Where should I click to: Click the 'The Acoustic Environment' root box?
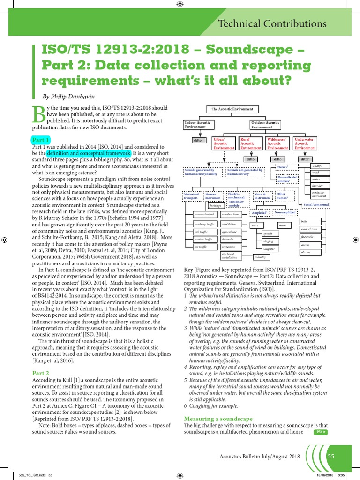(233, 109)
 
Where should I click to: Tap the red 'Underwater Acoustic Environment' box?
(305, 143)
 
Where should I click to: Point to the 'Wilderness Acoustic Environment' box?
(277, 143)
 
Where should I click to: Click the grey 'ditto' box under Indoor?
(197, 140)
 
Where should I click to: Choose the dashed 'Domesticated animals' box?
(287, 179)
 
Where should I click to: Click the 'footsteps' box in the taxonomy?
(216, 205)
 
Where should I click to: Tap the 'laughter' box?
(269, 249)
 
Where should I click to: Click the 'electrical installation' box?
(231, 255)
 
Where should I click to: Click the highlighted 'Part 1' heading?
(41, 140)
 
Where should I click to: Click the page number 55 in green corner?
(330, 456)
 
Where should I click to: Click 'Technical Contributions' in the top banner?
(272, 24)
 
